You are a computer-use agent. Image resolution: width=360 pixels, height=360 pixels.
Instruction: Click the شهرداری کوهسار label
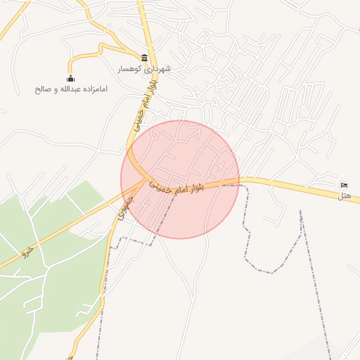point(144,70)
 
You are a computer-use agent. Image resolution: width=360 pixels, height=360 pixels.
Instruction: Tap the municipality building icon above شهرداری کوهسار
point(144,58)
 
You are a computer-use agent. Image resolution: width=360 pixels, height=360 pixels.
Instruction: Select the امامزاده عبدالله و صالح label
point(71,89)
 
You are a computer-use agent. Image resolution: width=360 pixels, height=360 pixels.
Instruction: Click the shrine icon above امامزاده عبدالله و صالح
point(70,78)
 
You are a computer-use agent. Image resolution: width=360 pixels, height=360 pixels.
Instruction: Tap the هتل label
point(344,195)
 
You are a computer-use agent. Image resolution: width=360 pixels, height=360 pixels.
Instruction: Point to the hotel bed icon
point(344,184)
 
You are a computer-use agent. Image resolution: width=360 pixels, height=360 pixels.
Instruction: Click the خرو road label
point(28,250)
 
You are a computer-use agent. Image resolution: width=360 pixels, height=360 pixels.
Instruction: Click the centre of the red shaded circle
point(180,179)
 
